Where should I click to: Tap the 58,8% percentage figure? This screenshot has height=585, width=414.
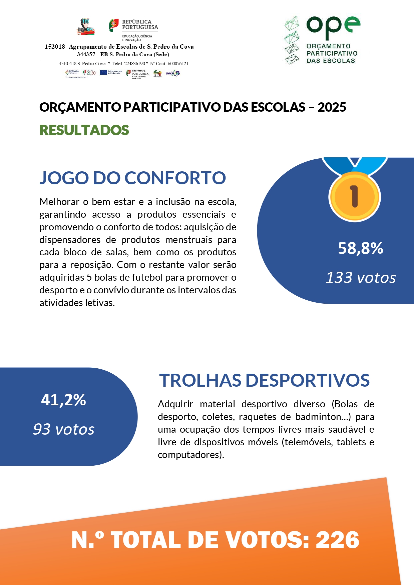[360, 248]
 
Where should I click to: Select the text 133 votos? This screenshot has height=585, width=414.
[361, 278]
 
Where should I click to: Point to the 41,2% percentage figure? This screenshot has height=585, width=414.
[63, 400]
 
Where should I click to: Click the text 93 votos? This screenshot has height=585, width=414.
[63, 429]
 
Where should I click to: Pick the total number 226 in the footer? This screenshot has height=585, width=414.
[337, 540]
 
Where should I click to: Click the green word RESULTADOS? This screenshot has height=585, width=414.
[84, 130]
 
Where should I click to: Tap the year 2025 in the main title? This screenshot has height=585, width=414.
[332, 107]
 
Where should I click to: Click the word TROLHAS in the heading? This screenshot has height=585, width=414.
[200, 380]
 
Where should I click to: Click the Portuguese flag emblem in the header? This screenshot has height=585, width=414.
[114, 25]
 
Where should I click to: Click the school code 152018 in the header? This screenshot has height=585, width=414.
[55, 47]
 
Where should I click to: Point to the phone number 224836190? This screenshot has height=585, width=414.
[134, 63]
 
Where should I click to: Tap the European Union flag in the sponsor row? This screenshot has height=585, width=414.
[103, 72]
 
